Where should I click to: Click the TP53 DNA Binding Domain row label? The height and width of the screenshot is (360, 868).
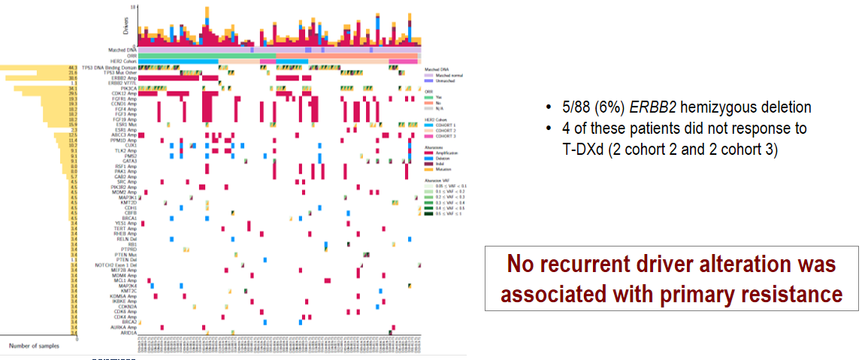point(108,67)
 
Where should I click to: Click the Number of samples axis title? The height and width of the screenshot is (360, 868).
point(35,346)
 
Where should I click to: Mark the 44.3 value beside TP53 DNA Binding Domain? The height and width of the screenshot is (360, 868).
point(73,67)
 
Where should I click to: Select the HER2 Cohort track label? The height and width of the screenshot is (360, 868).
point(122,62)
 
